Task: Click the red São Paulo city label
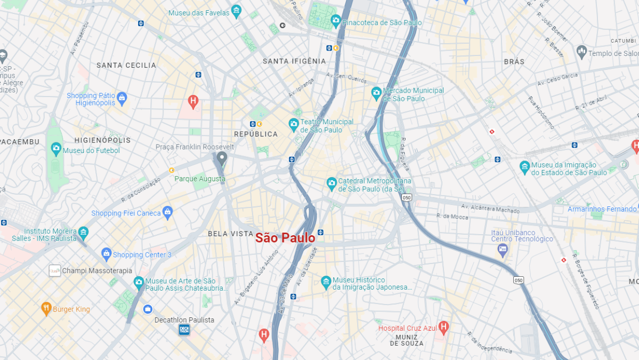click(285, 238)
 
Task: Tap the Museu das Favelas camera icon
click(236, 12)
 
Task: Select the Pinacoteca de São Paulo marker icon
click(335, 21)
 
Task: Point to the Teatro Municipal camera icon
click(293, 125)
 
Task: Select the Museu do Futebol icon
click(56, 149)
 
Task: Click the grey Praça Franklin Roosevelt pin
click(222, 158)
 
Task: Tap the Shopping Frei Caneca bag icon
click(167, 213)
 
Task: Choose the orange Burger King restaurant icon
click(46, 308)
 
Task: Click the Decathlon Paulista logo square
click(184, 330)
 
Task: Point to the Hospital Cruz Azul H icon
click(443, 327)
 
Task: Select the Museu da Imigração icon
click(524, 167)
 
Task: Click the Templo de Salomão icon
click(581, 52)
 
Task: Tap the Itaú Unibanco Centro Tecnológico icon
click(502, 250)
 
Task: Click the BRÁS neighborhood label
click(514, 62)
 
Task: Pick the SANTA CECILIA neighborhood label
click(126, 65)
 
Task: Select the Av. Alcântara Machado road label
click(490, 208)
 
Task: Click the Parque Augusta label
click(200, 179)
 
